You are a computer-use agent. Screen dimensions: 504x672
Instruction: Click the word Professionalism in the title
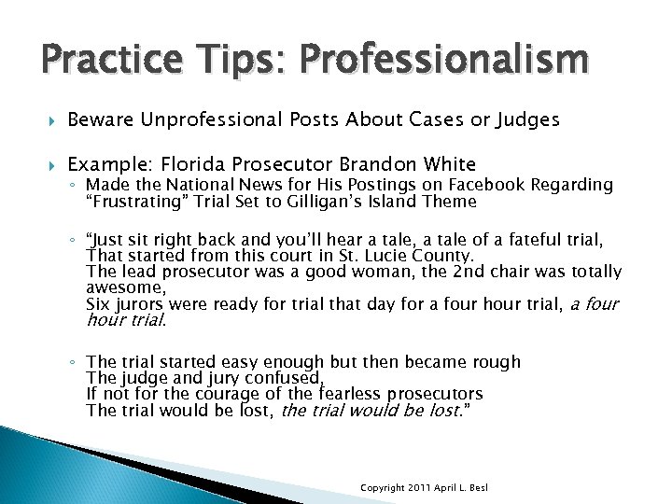[x=440, y=63]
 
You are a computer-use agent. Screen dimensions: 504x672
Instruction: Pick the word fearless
[x=356, y=394]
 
